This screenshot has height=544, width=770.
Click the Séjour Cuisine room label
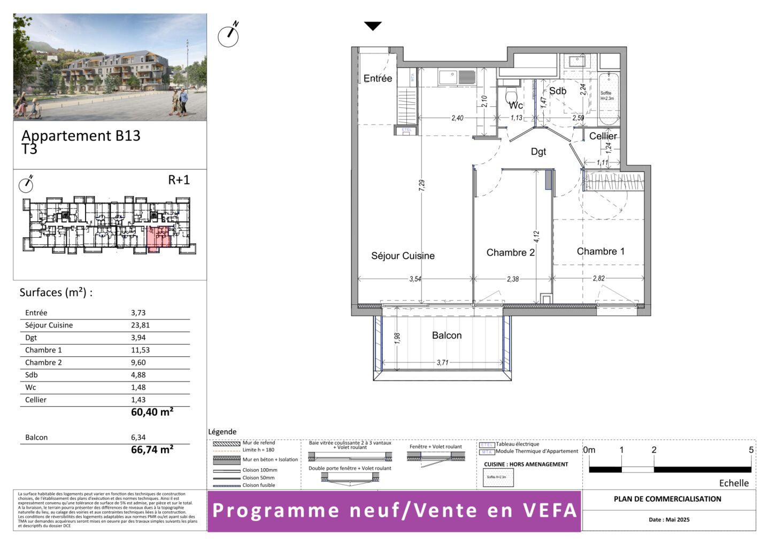click(x=403, y=256)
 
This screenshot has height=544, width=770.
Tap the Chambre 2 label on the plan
click(x=510, y=253)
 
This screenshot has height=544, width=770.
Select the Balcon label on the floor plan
click(x=446, y=336)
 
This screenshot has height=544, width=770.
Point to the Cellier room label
click(x=603, y=136)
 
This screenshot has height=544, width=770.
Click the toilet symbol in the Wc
click(x=512, y=97)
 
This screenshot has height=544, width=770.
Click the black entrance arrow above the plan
click(x=373, y=26)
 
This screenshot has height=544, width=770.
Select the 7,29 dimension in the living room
click(x=422, y=185)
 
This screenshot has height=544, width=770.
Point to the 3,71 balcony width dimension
click(x=442, y=362)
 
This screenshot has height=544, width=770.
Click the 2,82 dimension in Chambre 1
click(x=599, y=278)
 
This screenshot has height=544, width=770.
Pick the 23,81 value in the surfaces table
click(x=140, y=325)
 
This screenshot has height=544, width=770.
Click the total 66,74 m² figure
click(x=152, y=450)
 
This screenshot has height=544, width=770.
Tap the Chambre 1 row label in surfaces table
click(x=43, y=350)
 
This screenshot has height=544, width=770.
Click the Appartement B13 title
click(x=81, y=136)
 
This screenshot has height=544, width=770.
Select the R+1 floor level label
click(x=179, y=180)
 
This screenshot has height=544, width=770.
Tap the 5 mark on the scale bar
click(x=751, y=450)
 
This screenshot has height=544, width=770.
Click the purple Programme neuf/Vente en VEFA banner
click(x=394, y=511)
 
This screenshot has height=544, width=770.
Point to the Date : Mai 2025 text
click(x=669, y=519)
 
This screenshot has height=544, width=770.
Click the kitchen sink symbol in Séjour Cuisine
click(x=448, y=77)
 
